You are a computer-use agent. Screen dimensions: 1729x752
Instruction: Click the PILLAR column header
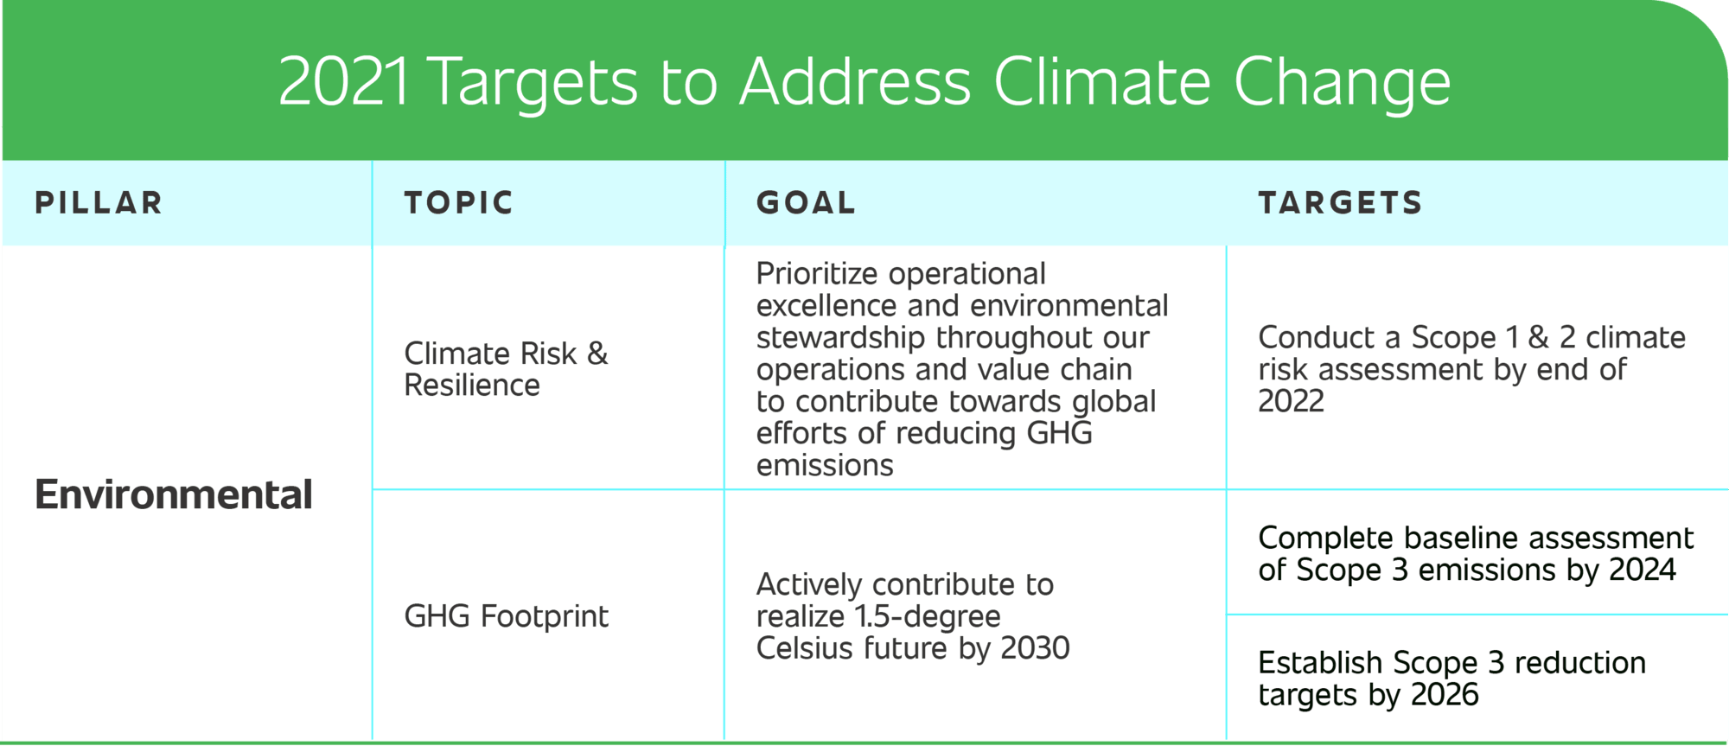[99, 203]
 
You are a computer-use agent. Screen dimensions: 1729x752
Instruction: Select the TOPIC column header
[459, 203]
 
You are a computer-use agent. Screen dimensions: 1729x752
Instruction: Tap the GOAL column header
[806, 203]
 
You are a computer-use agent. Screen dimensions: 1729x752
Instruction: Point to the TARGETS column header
[1340, 203]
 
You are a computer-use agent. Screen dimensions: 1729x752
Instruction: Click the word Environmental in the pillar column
[173, 494]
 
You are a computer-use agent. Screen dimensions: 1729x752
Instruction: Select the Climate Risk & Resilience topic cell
[506, 369]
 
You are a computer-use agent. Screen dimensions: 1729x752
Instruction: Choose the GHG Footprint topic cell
[506, 616]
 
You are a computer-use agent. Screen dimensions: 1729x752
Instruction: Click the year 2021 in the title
[343, 82]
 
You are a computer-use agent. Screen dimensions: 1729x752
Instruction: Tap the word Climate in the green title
[1103, 82]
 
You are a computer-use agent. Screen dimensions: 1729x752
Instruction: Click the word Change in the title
[1342, 86]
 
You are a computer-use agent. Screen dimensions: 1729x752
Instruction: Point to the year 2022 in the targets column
[1291, 401]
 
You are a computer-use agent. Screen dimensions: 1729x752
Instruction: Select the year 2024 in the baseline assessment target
[1643, 570]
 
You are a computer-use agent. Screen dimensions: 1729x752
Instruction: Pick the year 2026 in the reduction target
[1445, 694]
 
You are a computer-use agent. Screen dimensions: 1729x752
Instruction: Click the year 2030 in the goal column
[1035, 648]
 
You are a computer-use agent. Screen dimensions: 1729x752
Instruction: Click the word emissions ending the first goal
[825, 466]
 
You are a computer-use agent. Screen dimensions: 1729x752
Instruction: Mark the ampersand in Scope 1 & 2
[1538, 337]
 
